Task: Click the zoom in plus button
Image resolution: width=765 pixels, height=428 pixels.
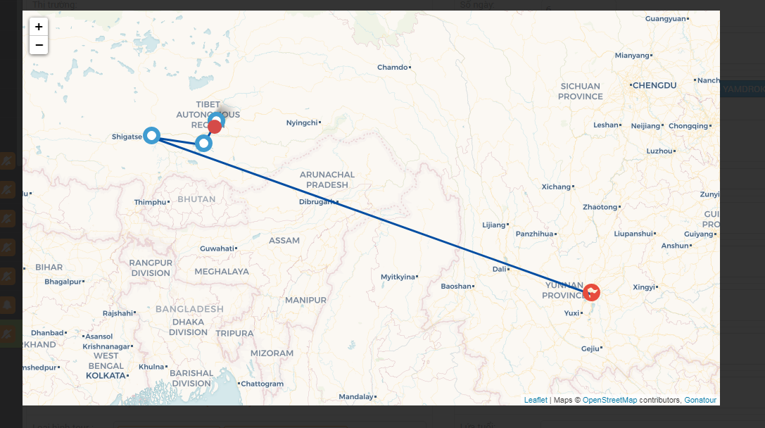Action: tap(39, 27)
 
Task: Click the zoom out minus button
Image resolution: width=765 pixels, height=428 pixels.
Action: tap(39, 45)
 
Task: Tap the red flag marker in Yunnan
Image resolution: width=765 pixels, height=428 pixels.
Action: tap(592, 291)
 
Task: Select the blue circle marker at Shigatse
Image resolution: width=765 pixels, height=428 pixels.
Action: tap(151, 135)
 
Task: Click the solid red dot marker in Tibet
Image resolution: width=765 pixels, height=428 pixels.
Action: tap(215, 127)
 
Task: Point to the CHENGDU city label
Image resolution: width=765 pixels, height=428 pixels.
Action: tap(654, 85)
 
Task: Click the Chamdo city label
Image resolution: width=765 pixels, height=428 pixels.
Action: tap(393, 68)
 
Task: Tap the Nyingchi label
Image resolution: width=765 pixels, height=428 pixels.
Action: tap(302, 122)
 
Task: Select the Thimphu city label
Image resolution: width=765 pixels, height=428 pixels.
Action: tap(151, 202)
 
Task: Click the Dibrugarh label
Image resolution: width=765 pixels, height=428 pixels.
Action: tap(317, 202)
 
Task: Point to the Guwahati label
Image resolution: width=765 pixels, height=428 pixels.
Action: tap(217, 248)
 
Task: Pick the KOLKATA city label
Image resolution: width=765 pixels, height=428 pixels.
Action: tap(106, 376)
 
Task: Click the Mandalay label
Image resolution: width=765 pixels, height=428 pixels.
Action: tap(355, 397)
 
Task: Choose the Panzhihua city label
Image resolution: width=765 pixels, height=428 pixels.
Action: tap(534, 234)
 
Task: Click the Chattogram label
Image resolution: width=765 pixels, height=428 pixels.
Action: tap(263, 384)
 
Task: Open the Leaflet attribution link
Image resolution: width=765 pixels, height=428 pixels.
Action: tap(536, 400)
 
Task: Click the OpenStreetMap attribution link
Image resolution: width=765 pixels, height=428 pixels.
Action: tap(609, 400)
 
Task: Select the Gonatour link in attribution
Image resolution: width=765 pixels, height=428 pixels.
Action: tap(700, 400)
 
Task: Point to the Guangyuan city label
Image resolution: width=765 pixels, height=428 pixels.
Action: tap(664, 18)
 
